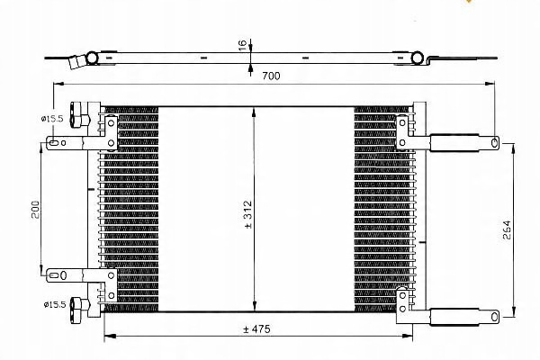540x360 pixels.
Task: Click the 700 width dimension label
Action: tap(271, 76)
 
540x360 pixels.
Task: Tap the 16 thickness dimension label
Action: tap(243, 45)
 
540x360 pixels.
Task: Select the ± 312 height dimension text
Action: tap(248, 214)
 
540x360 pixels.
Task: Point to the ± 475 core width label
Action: tap(256, 329)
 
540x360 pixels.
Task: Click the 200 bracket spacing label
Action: tap(35, 210)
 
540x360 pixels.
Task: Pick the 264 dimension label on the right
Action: tap(507, 229)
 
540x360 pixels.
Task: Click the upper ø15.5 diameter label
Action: tap(52, 119)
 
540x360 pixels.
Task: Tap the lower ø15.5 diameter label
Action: tap(54, 304)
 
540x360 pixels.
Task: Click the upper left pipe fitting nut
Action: tap(79, 114)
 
